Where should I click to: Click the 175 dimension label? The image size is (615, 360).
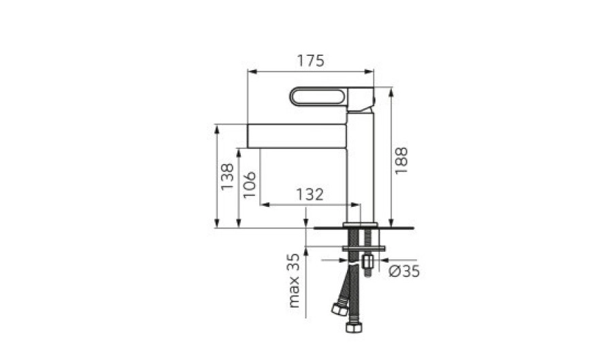[x=311, y=61]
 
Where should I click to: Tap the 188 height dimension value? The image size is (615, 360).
[x=401, y=161]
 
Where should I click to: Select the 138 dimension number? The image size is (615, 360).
[x=227, y=177]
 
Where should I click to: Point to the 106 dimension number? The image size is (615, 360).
[x=249, y=184]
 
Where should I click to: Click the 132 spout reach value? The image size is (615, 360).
[x=310, y=195]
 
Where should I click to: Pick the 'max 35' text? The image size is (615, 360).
[x=293, y=280]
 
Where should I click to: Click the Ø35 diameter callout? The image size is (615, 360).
[x=404, y=271]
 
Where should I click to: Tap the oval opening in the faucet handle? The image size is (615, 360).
[x=318, y=97]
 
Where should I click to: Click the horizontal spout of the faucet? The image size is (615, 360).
[x=297, y=136]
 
